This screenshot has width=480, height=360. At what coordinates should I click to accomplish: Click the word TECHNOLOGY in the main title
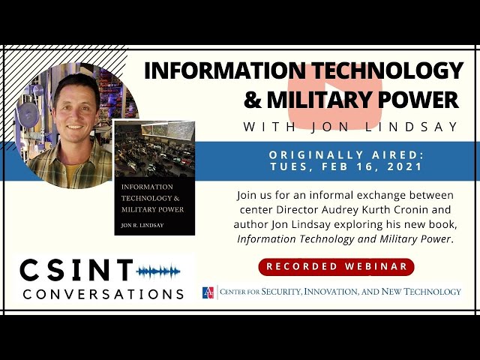(388, 70)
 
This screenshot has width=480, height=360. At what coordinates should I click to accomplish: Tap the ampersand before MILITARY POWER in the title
(253, 100)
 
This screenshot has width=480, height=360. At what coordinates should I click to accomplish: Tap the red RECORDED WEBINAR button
(336, 266)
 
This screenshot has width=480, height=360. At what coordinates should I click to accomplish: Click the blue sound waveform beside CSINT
(158, 271)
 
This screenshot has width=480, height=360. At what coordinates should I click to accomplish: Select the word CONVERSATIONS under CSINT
(103, 294)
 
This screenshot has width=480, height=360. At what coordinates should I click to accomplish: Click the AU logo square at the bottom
(208, 292)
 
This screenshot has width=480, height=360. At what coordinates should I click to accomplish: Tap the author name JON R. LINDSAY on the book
(142, 225)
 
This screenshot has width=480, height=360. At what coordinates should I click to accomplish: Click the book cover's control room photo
(154, 149)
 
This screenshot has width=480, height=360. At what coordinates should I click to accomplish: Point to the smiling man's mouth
(74, 127)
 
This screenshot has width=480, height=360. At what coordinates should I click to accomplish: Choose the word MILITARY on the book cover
(136, 210)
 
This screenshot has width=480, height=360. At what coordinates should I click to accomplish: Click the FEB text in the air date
(336, 167)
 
